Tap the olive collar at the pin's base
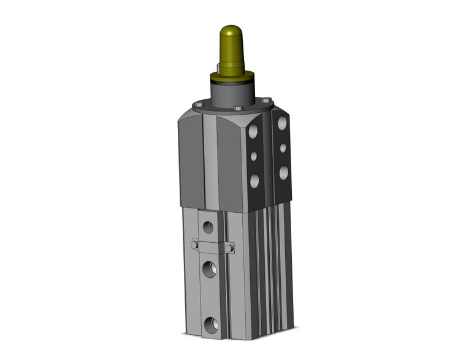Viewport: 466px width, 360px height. click(x=231, y=77)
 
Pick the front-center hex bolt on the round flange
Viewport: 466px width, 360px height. click(x=237, y=109)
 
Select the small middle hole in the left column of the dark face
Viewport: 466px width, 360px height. click(x=254, y=156)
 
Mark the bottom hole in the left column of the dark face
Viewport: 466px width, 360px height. click(x=254, y=180)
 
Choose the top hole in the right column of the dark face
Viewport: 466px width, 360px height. click(x=283, y=123)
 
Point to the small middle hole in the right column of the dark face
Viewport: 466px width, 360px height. click(x=283, y=148)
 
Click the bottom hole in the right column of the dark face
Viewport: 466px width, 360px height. click(x=283, y=172)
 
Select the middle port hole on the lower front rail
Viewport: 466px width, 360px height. click(x=210, y=268)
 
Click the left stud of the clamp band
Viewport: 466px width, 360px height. click(x=194, y=245)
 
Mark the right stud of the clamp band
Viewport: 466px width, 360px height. click(x=229, y=248)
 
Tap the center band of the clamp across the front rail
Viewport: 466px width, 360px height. click(x=211, y=247)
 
